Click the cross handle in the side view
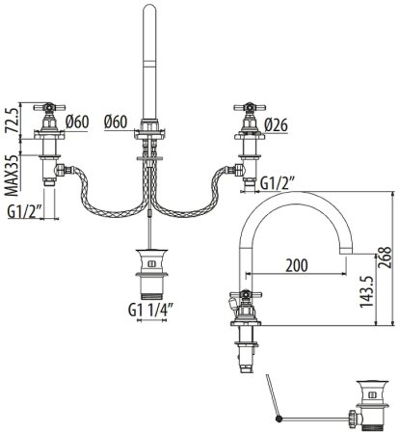pos(244,298)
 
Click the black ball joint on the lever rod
pos(279,418)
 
